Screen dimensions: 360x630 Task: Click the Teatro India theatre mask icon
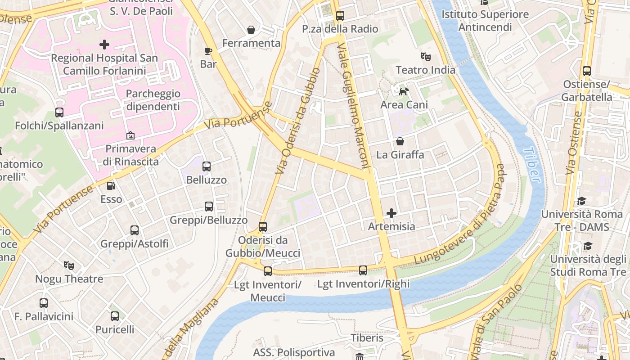click(425, 56)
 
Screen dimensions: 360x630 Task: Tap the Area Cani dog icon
click(404, 91)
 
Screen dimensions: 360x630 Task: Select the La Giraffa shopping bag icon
click(400, 141)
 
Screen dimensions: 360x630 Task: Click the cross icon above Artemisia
click(391, 213)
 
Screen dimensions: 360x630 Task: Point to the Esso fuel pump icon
click(111, 185)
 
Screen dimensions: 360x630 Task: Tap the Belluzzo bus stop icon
click(207, 166)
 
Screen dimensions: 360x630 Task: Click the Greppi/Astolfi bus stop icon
click(135, 230)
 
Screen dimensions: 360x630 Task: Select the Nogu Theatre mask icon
click(69, 265)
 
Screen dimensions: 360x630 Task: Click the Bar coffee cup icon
click(208, 51)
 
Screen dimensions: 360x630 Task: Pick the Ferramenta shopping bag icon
click(251, 30)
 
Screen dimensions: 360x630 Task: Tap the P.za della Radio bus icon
click(340, 16)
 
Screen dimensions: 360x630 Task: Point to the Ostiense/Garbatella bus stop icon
click(586, 71)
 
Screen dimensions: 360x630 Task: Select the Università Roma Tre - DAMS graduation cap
click(582, 201)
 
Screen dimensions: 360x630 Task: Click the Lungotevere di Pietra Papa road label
click(460, 215)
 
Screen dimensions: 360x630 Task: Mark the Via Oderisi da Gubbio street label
click(298, 121)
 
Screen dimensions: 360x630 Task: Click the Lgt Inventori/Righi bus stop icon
click(363, 270)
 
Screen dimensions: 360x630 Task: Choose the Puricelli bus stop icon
click(115, 316)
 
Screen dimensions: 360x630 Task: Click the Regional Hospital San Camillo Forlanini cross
click(104, 45)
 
